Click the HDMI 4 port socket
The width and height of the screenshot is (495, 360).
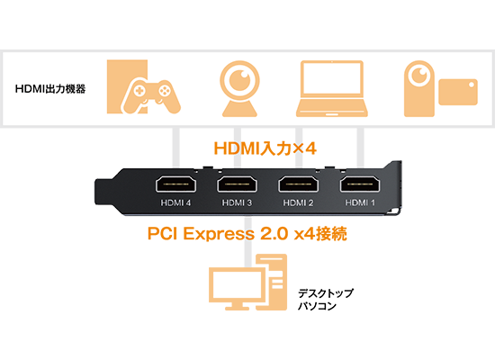(175, 184)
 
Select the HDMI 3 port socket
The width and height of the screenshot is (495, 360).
(237, 184)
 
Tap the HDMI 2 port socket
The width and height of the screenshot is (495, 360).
(298, 184)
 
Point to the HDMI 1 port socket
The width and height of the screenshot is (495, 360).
(360, 184)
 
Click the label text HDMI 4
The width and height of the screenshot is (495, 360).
(175, 202)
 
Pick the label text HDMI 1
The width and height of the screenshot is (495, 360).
(360, 202)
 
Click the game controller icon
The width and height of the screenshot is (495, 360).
(152, 96)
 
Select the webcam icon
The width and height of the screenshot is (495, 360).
(239, 88)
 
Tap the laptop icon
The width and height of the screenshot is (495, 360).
(332, 89)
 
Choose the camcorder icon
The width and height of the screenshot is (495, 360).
(441, 89)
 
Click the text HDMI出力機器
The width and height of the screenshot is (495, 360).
(50, 89)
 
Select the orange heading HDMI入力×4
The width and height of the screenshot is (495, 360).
(265, 148)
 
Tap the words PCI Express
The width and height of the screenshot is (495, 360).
(201, 234)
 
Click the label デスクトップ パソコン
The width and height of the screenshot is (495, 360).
(326, 300)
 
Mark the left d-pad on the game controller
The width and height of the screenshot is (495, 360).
(139, 91)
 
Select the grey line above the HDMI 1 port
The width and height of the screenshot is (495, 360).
(360, 148)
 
